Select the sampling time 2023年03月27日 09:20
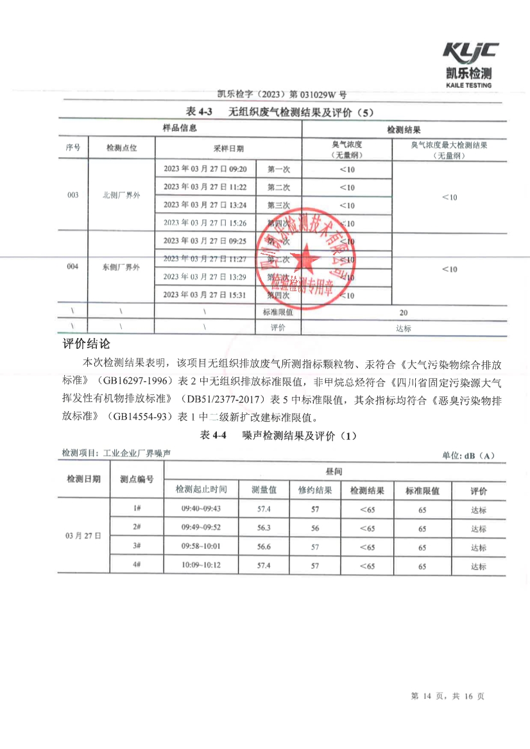[x=205, y=169]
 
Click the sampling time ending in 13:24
[x=205, y=205]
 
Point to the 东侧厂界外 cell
[x=121, y=267]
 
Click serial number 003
[x=73, y=195]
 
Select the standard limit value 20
[x=403, y=312]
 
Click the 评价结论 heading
[x=87, y=344]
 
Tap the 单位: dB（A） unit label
[x=468, y=455]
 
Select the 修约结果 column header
[x=315, y=491]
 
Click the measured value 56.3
[x=264, y=528]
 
